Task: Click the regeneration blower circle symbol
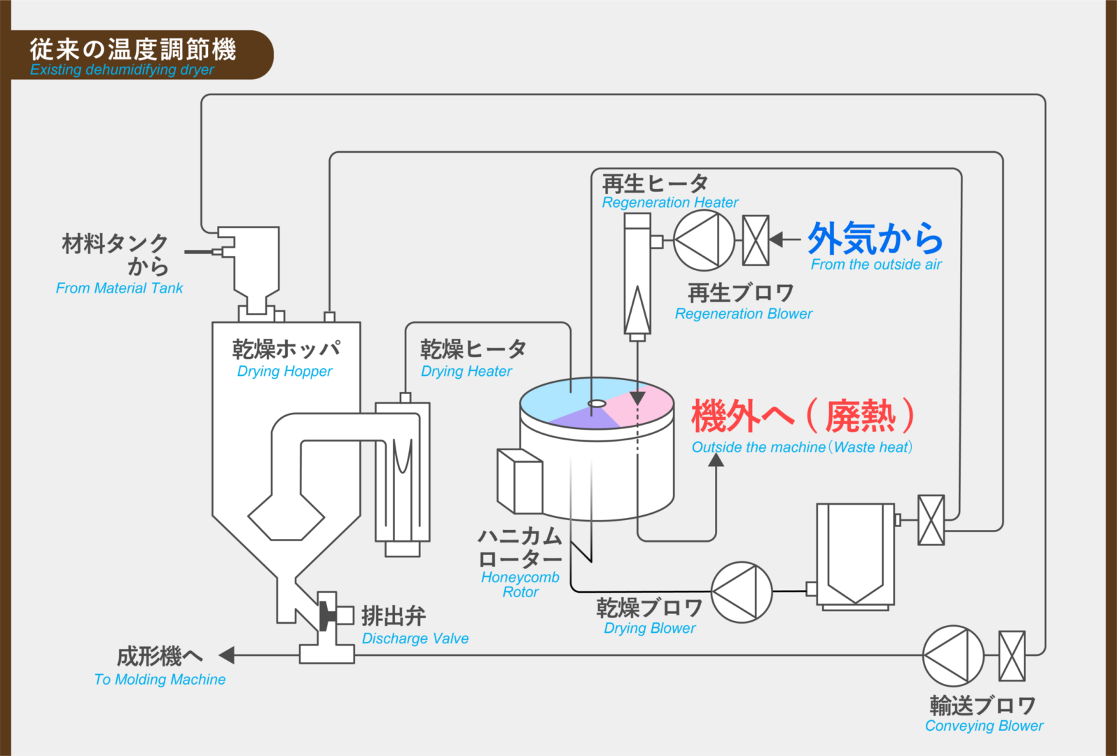[704, 240]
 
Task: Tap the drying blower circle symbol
[742, 592]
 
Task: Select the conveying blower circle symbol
[953, 656]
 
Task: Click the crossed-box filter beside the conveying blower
[1011, 656]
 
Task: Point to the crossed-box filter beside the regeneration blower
[756, 240]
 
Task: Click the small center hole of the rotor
[597, 403]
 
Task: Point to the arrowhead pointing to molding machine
[226, 655]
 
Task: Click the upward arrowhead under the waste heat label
[716, 461]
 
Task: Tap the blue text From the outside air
[876, 265]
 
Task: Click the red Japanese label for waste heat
[803, 416]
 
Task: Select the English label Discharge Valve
[415, 638]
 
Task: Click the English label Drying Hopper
[284, 371]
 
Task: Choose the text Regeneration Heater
[669, 202]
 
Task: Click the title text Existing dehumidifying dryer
[122, 69]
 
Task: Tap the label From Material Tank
[119, 288]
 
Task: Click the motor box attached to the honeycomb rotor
[520, 481]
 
